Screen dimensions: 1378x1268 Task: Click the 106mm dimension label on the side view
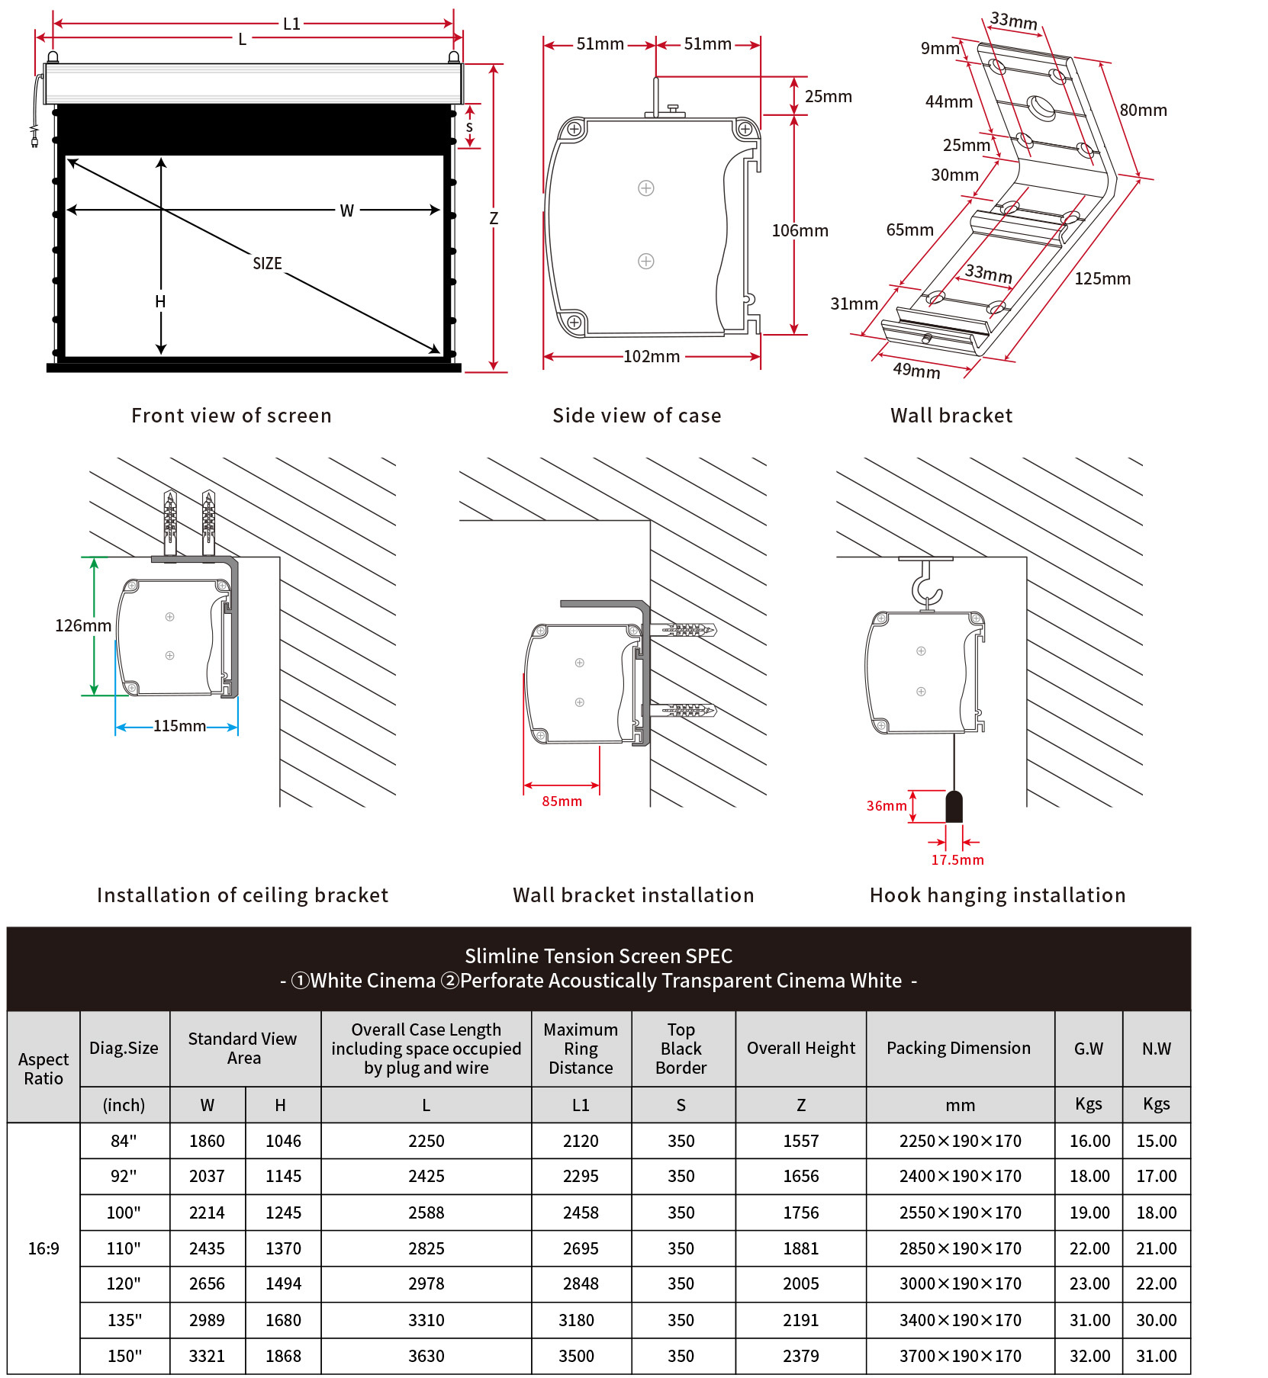pos(800,230)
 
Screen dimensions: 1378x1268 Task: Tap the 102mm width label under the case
pos(652,356)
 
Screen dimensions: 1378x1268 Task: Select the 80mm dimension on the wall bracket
pos(1143,110)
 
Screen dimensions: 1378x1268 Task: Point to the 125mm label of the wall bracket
pos(1102,278)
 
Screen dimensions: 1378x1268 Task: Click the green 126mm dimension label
pos(83,625)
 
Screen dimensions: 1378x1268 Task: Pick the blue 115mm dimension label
pos(179,725)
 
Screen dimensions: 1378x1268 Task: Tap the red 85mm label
pos(562,801)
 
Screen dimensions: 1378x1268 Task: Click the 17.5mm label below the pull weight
pos(957,859)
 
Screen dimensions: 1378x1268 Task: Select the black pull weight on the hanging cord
pos(954,807)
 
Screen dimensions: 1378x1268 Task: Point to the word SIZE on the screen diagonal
pos(267,263)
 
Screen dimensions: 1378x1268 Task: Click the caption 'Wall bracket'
pos(951,415)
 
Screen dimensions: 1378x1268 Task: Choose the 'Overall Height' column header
pos(800,1048)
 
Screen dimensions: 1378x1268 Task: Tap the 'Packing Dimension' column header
pos(958,1048)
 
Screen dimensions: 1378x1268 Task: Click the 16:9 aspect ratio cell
pos(43,1248)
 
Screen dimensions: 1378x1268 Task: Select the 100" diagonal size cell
pos(124,1213)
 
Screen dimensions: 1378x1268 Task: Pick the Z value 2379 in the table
pos(800,1356)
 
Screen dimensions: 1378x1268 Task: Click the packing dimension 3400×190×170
pos(960,1320)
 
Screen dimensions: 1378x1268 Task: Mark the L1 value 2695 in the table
pos(581,1248)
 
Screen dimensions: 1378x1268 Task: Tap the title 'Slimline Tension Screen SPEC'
pos(598,956)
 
